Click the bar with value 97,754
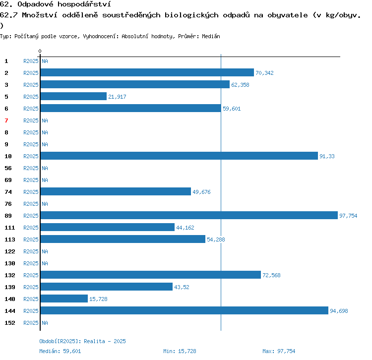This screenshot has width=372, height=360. [x=189, y=215]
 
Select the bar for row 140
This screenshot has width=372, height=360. [x=64, y=299]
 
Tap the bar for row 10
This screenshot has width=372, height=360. [x=180, y=156]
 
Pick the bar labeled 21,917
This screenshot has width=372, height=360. [x=73, y=96]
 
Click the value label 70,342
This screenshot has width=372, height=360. [x=264, y=73]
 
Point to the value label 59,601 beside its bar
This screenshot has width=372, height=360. [x=232, y=109]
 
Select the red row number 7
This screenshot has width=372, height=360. [x=6, y=120]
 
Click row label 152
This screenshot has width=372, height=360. [x=10, y=323]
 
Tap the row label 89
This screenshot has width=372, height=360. [x=8, y=216]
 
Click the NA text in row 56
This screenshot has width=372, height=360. [x=45, y=168]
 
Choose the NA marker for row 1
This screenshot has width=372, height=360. [x=45, y=61]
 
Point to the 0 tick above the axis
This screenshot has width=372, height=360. [x=40, y=51]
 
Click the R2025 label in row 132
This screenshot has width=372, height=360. [x=31, y=275]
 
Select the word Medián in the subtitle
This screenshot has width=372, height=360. [x=211, y=36]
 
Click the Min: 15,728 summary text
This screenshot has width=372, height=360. [x=180, y=351]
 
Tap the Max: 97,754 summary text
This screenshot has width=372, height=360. [x=279, y=351]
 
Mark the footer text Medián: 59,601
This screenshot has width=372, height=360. [x=60, y=351]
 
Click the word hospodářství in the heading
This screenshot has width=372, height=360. [x=84, y=4]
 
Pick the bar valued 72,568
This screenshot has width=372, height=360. [x=151, y=275]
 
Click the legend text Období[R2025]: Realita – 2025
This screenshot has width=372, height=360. [x=82, y=341]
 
